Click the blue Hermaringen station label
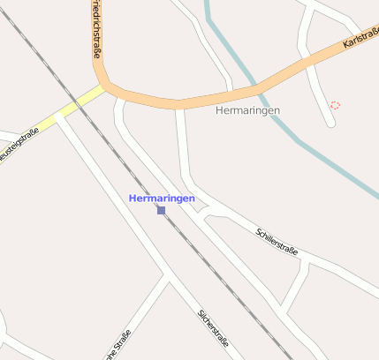click(162, 199)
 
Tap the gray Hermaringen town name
click(247, 110)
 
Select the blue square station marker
click(161, 210)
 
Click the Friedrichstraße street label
click(95, 31)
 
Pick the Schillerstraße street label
click(277, 242)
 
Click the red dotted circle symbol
click(335, 105)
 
